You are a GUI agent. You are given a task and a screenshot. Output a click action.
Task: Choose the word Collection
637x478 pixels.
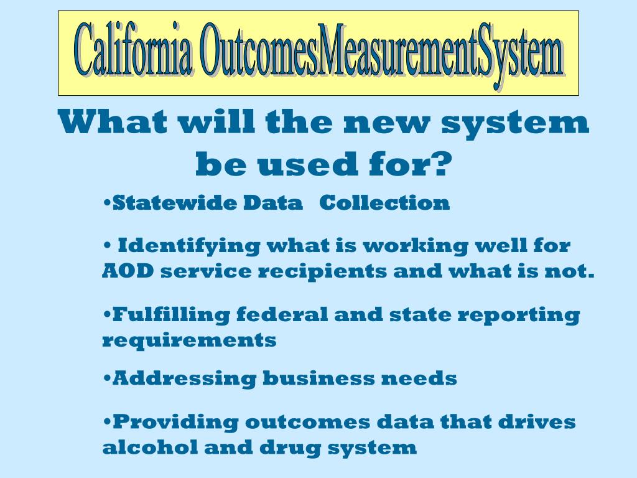pyautogui.click(x=384, y=203)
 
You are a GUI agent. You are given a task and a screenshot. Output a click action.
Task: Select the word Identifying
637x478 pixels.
pyautogui.click(x=189, y=246)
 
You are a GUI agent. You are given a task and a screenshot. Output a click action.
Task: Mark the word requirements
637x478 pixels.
pyautogui.click(x=189, y=341)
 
